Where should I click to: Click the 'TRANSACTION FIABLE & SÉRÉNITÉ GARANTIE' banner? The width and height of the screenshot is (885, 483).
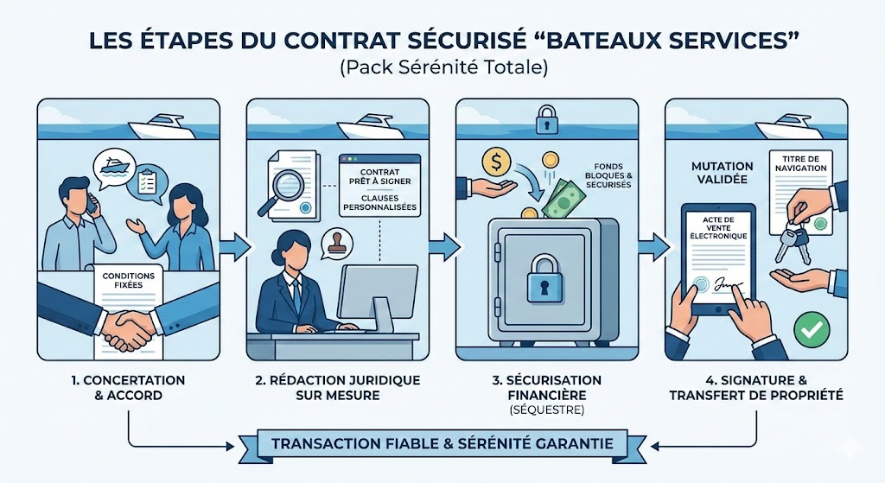[442, 444]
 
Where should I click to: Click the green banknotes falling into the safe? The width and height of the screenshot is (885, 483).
[563, 200]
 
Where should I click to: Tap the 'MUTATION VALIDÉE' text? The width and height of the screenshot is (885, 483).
[721, 172]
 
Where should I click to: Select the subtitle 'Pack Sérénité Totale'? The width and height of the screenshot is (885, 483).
[442, 67]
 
